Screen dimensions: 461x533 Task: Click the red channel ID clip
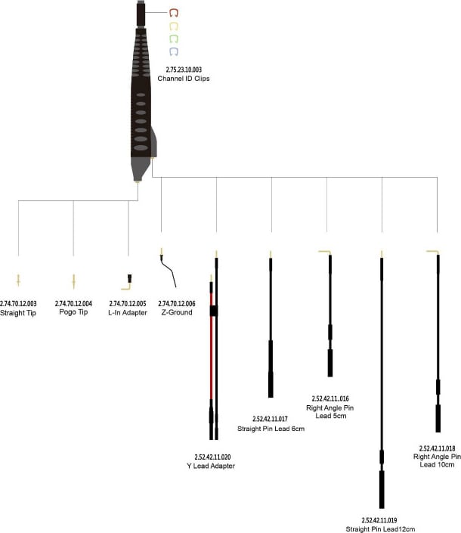click(x=174, y=13)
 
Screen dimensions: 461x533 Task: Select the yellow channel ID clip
click(x=174, y=26)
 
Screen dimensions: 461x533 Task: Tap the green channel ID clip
click(x=174, y=39)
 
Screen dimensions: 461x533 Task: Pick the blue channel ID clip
click(x=174, y=51)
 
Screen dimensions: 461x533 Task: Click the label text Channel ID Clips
click(x=183, y=79)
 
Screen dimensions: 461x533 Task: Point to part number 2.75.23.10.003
click(x=184, y=70)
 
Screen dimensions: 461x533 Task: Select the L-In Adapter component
click(x=127, y=283)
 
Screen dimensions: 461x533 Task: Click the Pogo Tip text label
click(x=73, y=312)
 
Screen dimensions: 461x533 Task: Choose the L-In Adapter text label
click(x=128, y=312)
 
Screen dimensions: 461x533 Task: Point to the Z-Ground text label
click(x=177, y=312)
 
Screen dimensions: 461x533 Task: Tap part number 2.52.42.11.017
click(x=271, y=419)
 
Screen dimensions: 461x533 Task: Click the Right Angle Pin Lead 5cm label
click(x=330, y=411)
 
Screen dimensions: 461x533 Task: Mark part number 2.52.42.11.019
click(x=382, y=520)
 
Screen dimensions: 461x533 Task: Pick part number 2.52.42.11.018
click(x=438, y=448)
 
